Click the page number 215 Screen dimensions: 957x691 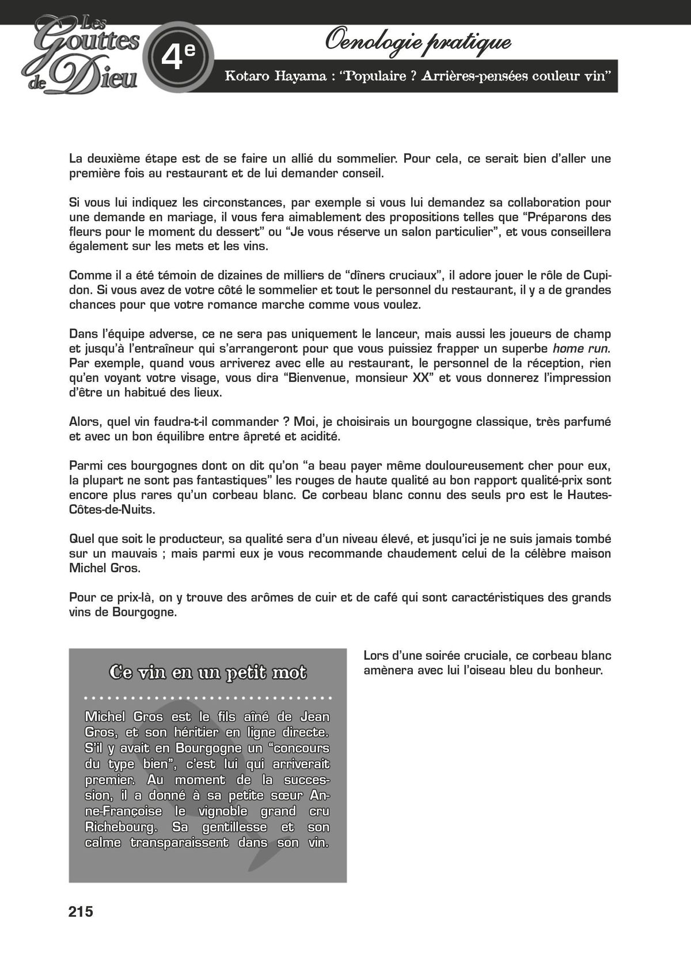[81, 911]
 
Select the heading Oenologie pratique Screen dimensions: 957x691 [418, 41]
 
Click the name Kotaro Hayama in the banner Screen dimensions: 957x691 [275, 76]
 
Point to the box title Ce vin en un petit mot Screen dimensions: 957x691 [208, 672]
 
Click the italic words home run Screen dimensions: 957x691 [580, 349]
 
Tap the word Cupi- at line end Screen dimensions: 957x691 [596, 275]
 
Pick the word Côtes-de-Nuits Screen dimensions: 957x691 [112, 509]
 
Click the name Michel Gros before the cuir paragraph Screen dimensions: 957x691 [105, 568]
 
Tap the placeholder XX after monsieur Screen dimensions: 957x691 [423, 378]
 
